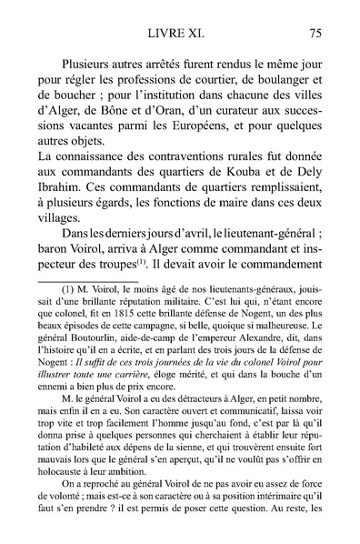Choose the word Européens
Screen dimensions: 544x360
[209, 134]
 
